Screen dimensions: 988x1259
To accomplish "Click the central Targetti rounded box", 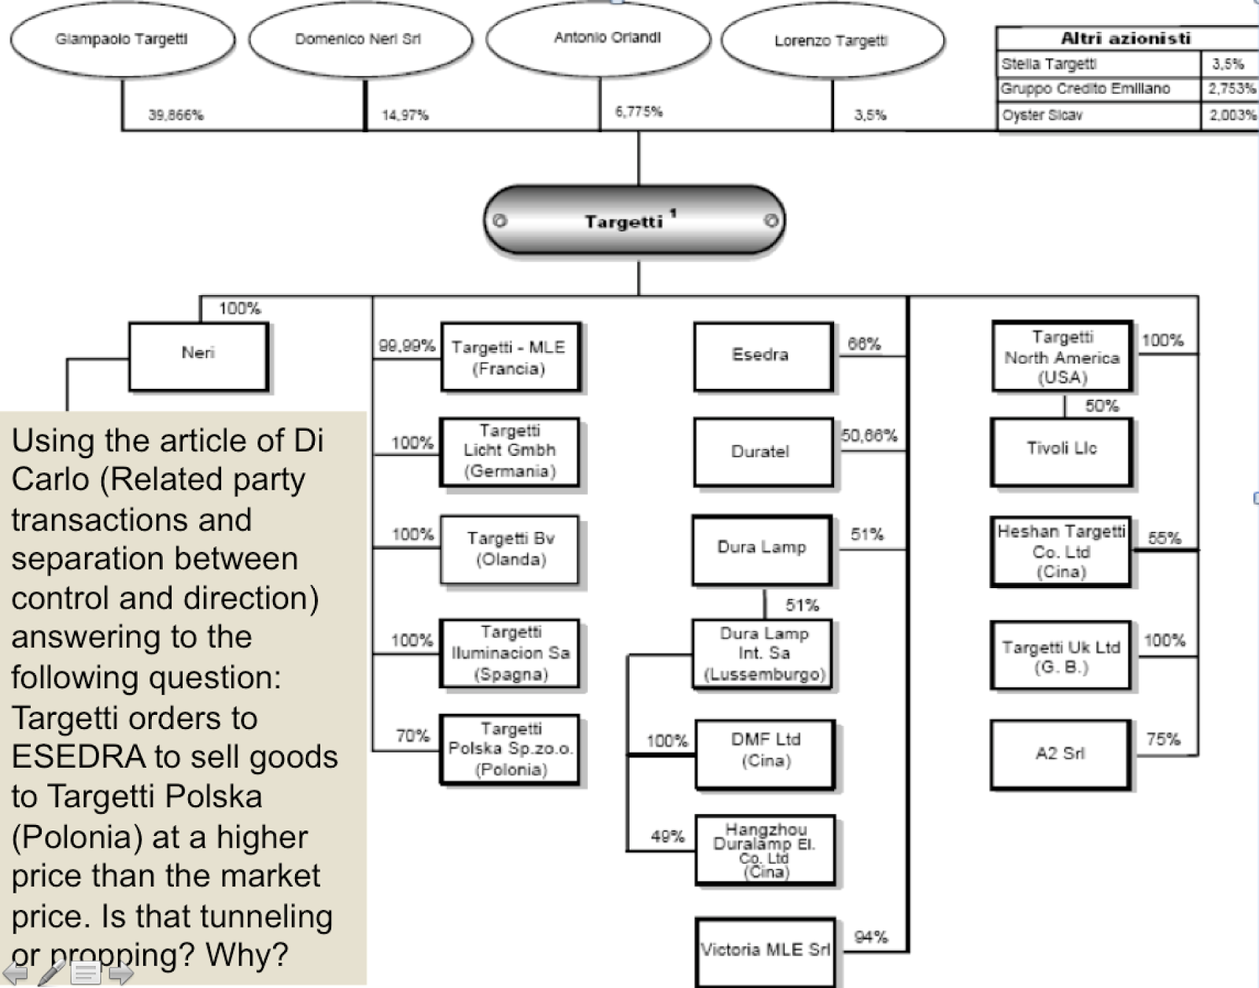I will [634, 220].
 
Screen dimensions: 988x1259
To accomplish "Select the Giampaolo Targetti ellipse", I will [122, 39].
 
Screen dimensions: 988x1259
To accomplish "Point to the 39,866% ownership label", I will [175, 115].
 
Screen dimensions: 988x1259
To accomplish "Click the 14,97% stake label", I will [405, 115].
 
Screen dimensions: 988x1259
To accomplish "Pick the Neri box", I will [198, 353].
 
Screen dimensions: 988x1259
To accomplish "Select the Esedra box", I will [762, 355].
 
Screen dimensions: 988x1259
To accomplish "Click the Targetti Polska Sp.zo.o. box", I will [511, 749].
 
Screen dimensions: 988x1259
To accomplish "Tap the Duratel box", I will [762, 452].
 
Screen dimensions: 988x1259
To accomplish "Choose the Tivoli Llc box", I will [1061, 450].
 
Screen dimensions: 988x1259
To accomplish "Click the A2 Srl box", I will [1060, 753].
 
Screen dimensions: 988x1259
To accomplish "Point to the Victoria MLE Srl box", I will [765, 950].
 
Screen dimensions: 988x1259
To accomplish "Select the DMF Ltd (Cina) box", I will [765, 750].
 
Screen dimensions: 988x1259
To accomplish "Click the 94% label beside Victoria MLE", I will [870, 937].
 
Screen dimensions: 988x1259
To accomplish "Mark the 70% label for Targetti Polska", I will [412, 735].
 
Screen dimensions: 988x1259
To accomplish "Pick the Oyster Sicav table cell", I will [1098, 115].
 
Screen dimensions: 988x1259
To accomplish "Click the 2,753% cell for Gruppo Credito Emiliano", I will [1231, 89].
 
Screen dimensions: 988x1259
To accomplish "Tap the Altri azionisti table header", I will [1126, 38].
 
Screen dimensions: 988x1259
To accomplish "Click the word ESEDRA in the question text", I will [78, 757].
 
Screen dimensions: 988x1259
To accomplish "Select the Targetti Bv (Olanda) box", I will [510, 549].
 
